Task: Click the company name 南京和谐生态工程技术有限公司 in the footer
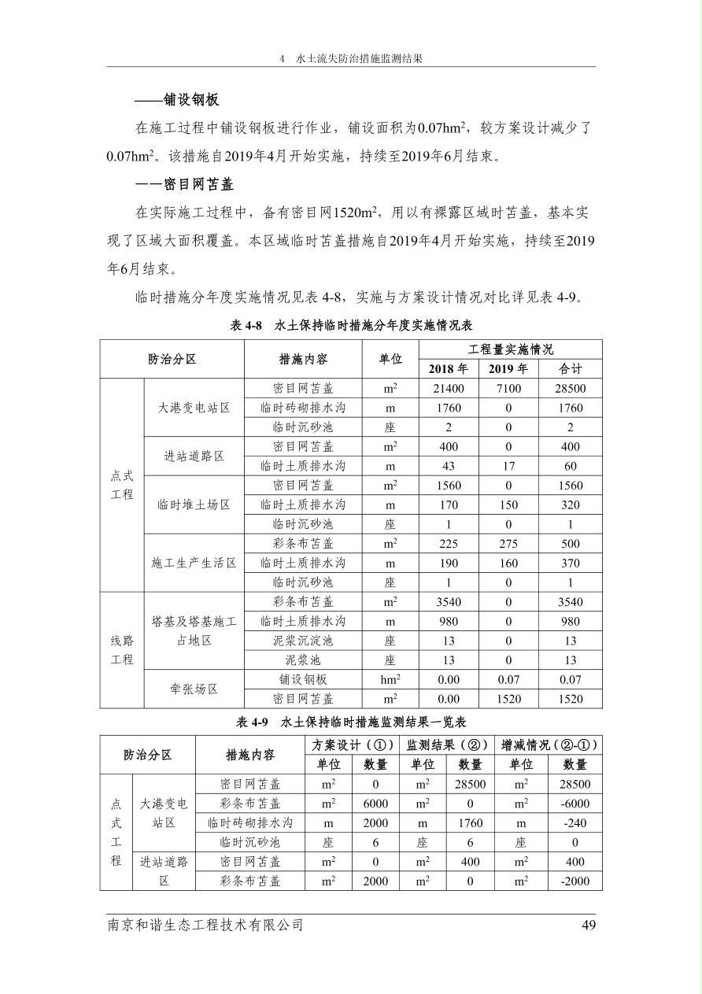205,926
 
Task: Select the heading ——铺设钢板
177,100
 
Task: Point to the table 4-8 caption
351,325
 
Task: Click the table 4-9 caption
351,722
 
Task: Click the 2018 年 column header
449,369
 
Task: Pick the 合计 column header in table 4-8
571,369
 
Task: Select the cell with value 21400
449,389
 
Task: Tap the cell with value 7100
508,389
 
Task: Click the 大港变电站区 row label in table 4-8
194,408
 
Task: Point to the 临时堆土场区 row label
194,504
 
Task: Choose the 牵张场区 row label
194,689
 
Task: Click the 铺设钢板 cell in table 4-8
303,679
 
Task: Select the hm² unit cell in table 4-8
390,679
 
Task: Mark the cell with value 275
508,544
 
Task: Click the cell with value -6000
575,804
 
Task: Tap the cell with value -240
575,823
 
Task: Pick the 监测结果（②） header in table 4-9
447,745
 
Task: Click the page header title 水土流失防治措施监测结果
359,59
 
